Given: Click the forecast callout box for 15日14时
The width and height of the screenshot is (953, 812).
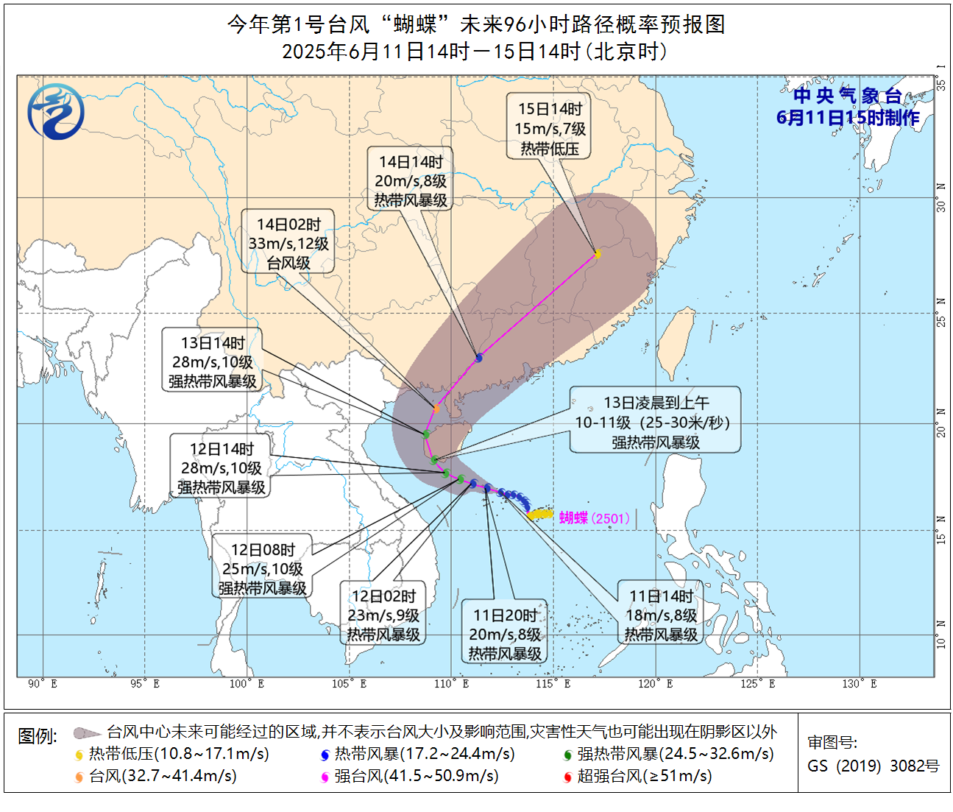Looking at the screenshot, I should (x=549, y=129).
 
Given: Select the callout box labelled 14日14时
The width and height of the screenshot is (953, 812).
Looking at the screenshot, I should (x=411, y=180).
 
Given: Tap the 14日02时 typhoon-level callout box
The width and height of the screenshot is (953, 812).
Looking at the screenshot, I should (x=288, y=244).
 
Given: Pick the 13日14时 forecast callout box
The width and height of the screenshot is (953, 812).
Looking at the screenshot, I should (x=213, y=362).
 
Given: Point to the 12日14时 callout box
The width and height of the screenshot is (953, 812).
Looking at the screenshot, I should (x=222, y=468).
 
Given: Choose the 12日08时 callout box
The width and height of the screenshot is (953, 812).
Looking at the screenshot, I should (x=263, y=569).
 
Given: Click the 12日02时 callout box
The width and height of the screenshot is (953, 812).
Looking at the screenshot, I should (x=383, y=615).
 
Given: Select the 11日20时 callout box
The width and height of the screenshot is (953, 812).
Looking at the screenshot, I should (x=505, y=634).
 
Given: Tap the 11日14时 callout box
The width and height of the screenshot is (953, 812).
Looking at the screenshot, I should (x=661, y=615).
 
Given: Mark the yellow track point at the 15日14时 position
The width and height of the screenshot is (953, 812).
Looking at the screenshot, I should (x=598, y=255).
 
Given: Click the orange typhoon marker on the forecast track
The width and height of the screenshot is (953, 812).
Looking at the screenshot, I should (x=436, y=409).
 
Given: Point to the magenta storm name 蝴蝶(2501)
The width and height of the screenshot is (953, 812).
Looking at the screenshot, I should (x=594, y=518).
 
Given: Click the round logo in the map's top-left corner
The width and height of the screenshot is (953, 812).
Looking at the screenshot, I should (x=56, y=112).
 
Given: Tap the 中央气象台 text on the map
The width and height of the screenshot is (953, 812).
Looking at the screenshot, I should (x=848, y=96).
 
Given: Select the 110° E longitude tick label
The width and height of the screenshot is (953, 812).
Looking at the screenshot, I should (x=452, y=684).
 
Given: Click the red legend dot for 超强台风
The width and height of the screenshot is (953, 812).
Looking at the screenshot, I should (x=567, y=777).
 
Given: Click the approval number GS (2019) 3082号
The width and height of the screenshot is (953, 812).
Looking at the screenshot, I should (x=874, y=766).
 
